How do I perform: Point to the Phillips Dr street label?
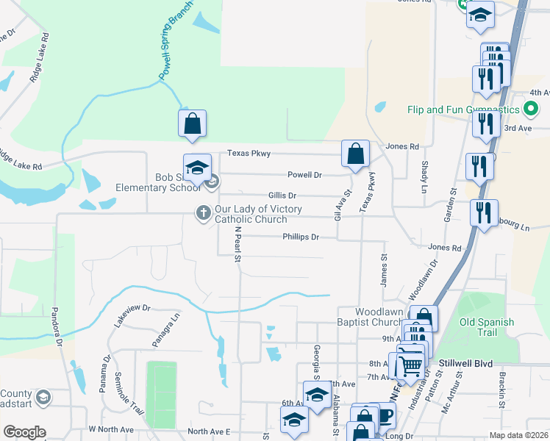pyautogui.click(x=301, y=237)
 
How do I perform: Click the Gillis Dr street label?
pyautogui.click(x=282, y=196)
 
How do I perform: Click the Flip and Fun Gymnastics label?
pyautogui.click(x=464, y=110)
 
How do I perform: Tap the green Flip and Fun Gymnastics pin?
pyautogui.click(x=532, y=110)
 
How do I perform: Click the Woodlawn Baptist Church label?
pyautogui.click(x=379, y=317)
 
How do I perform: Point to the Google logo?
pyautogui.click(x=24, y=432)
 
